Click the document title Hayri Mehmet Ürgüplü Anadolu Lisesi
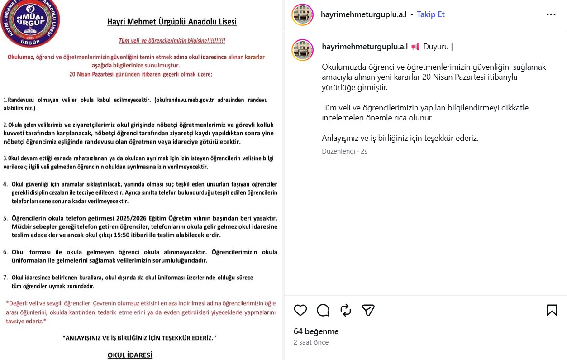[x=172, y=22]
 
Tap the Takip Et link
[x=430, y=14]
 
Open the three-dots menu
[x=551, y=14]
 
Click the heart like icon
[x=300, y=310]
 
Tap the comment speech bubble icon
[x=323, y=310]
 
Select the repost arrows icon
[x=346, y=310]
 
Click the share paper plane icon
[x=368, y=310]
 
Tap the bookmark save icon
[x=552, y=310]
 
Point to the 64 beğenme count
[x=316, y=331]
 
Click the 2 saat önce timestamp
[x=311, y=342]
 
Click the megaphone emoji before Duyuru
[x=415, y=47]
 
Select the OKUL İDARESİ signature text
[x=130, y=355]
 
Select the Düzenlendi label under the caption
[x=338, y=151]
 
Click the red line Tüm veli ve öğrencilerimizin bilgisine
[x=172, y=41]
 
